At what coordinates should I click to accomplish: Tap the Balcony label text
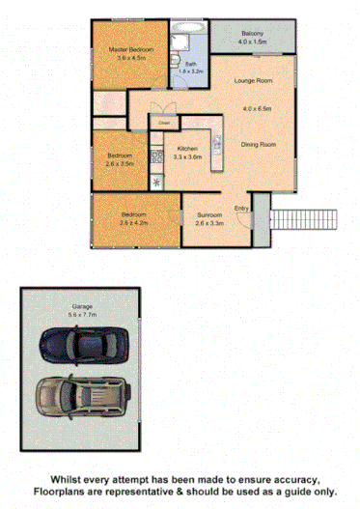[253, 34]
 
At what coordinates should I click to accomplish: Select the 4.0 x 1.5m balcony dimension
[253, 42]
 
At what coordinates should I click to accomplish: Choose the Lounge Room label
[256, 81]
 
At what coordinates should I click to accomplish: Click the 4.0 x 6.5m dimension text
[257, 107]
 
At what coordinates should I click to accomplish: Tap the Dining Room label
[259, 144]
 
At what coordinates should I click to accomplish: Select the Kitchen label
[186, 148]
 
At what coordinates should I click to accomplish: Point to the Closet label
[164, 123]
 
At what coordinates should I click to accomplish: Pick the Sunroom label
[209, 214]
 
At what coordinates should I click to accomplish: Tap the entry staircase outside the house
[303, 219]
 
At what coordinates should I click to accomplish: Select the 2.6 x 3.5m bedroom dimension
[123, 164]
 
